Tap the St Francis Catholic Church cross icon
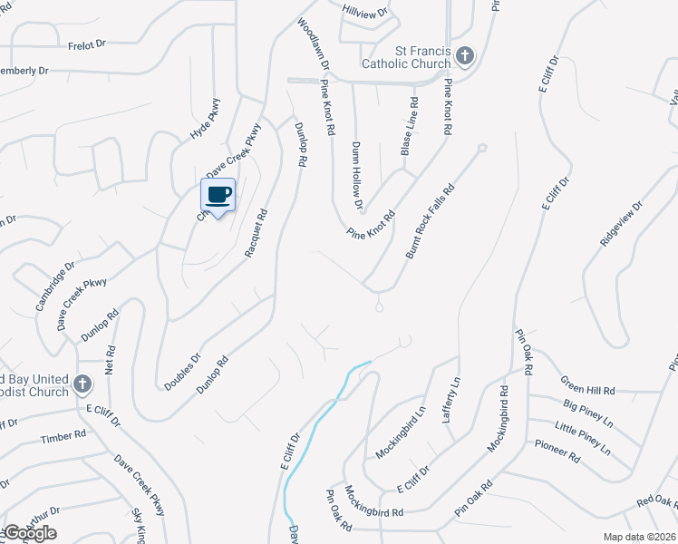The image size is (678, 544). (x=465, y=56)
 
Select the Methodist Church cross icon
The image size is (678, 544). (x=82, y=384)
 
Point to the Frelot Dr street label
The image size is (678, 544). (x=87, y=44)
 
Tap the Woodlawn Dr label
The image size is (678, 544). (x=311, y=36)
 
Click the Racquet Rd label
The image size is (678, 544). (x=257, y=234)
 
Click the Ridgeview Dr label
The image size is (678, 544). (x=621, y=224)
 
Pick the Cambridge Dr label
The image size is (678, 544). (x=51, y=290)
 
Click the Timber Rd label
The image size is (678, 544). (x=63, y=436)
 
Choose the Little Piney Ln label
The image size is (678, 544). (x=582, y=434)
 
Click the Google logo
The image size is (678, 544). (x=30, y=532)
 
